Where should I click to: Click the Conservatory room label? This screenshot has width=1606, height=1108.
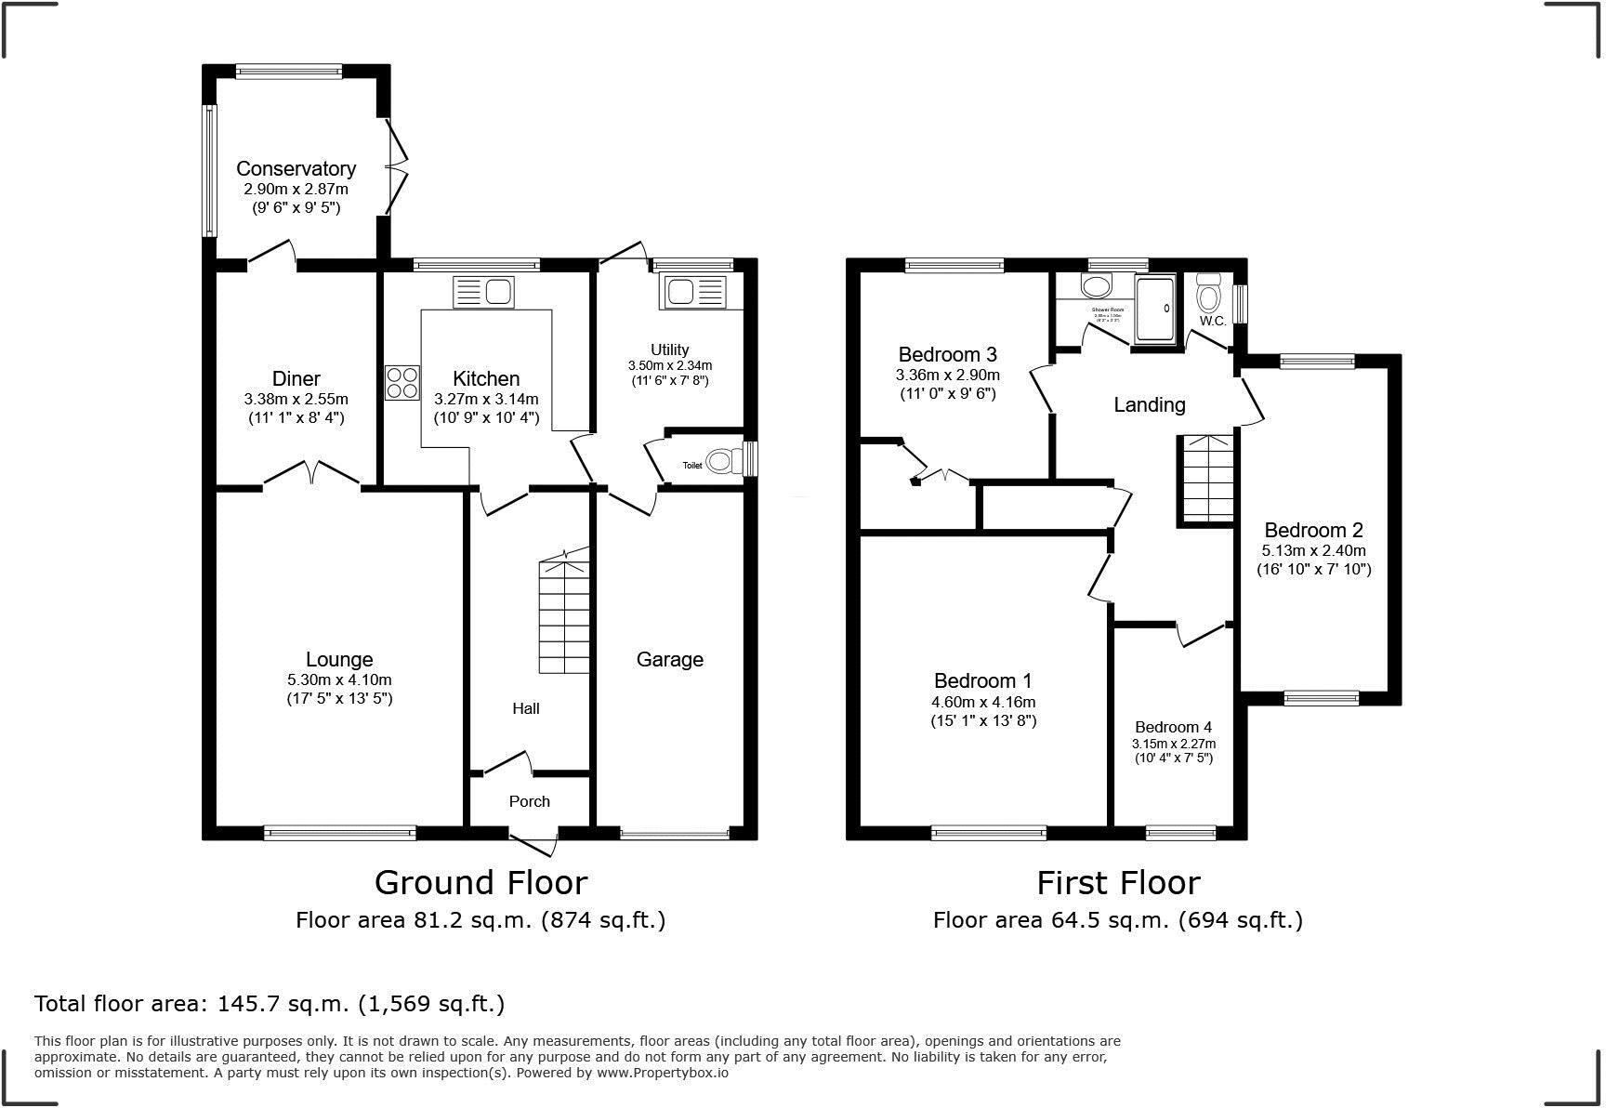(x=296, y=168)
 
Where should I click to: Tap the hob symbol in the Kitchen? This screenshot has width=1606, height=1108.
(x=402, y=383)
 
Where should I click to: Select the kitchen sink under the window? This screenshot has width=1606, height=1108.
(x=483, y=292)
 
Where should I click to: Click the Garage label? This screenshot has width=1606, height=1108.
(x=669, y=659)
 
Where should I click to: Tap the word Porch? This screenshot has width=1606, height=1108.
(x=529, y=801)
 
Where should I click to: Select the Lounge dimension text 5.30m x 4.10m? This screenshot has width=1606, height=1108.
(x=339, y=679)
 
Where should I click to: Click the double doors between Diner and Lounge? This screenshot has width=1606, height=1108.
(x=312, y=475)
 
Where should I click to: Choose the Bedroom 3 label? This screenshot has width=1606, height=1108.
(x=947, y=354)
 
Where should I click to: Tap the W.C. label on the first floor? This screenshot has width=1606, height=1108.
(x=1211, y=321)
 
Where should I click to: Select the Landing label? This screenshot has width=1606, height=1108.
(x=1150, y=404)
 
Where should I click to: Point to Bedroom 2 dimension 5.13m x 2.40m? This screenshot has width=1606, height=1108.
(x=1313, y=550)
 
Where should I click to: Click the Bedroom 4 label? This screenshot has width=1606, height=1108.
(x=1173, y=727)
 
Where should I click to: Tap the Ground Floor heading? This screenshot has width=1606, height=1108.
(x=480, y=882)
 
